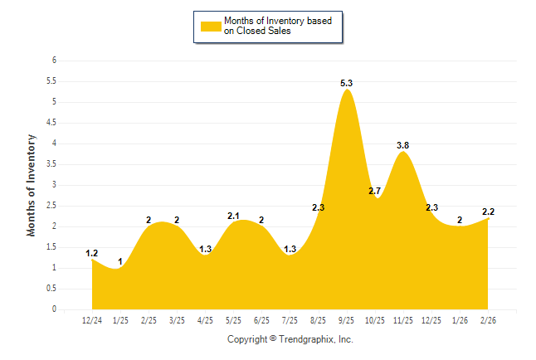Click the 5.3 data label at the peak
point(347,83)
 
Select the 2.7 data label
point(374,192)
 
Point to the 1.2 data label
point(92,253)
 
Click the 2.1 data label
point(233,216)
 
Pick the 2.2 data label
point(488,212)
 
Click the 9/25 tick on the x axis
point(347,319)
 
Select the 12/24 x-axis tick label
point(92,319)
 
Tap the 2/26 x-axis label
point(488,319)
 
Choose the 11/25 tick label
point(403,319)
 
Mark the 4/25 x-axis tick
point(205,319)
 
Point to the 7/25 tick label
point(290,319)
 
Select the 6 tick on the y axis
point(54,61)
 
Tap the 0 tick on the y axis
point(54,309)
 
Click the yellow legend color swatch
point(211,26)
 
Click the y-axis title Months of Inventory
point(32,185)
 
